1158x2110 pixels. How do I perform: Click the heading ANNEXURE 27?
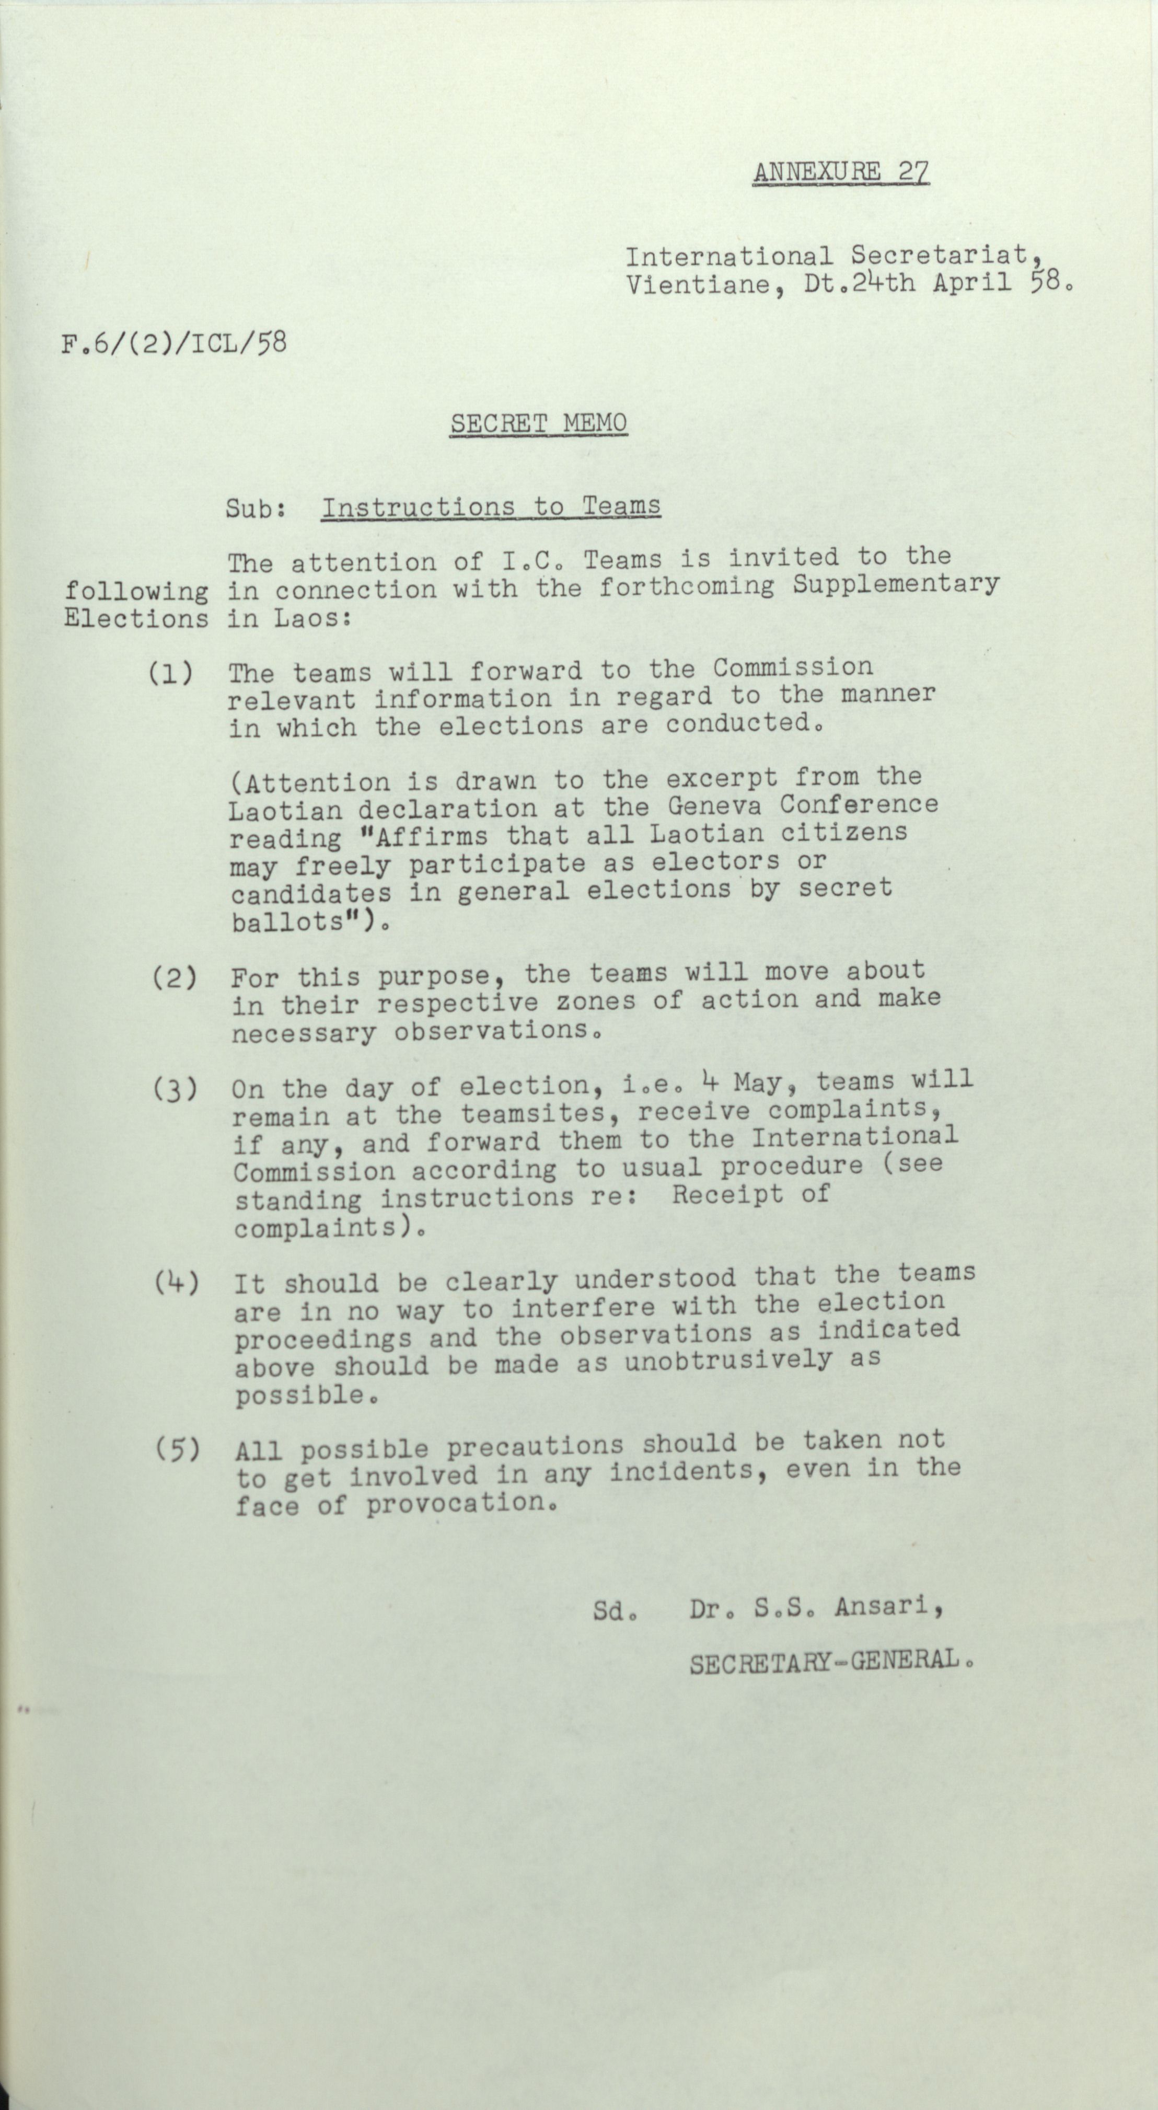click(840, 173)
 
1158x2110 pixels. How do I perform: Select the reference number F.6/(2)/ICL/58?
click(173, 342)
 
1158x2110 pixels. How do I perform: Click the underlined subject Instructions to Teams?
click(491, 507)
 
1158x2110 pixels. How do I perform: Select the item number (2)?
click(173, 978)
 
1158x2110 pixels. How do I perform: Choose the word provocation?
click(455, 1503)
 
